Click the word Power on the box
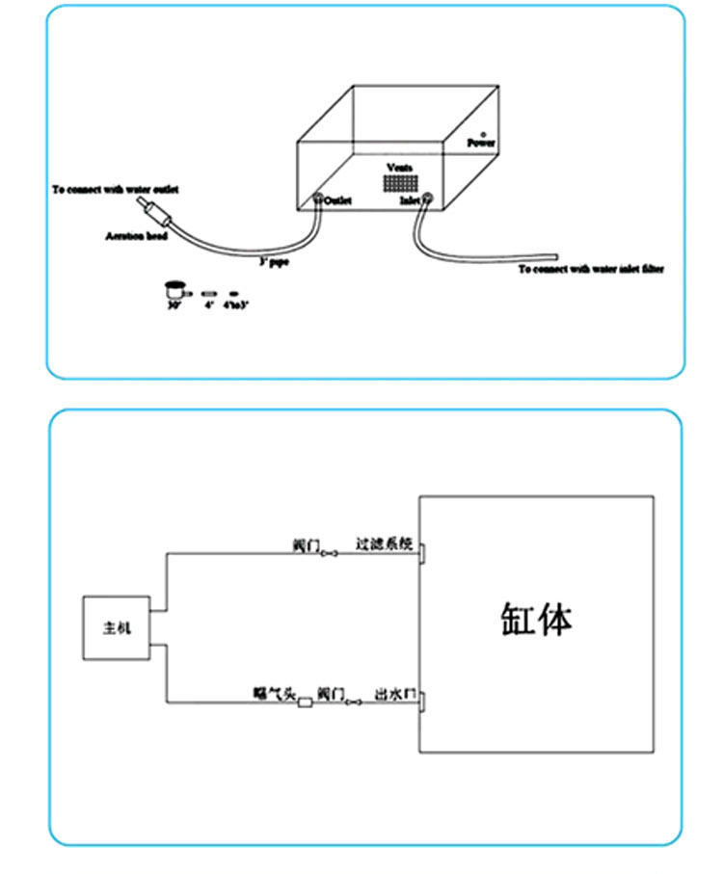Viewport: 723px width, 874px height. (481, 143)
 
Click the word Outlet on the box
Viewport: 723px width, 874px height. (337, 200)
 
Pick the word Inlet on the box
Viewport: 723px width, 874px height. (410, 200)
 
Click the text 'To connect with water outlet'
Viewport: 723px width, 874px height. (115, 190)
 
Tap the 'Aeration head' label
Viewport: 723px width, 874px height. (136, 235)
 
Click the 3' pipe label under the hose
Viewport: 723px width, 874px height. (272, 261)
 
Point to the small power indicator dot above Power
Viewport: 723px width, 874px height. (483, 134)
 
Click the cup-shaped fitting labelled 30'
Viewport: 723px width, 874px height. (174, 287)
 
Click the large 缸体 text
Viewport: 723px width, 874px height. (536, 619)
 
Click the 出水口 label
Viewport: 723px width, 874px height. (396, 693)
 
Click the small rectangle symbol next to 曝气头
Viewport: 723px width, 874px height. (306, 702)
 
